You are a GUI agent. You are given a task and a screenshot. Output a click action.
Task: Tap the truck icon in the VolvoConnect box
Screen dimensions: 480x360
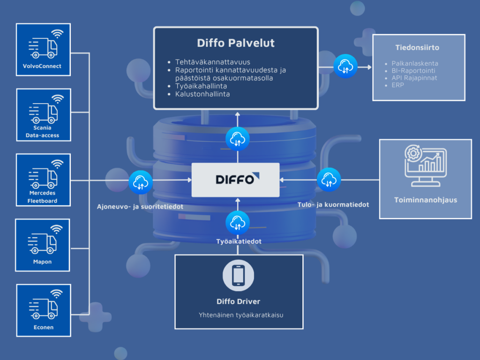43,48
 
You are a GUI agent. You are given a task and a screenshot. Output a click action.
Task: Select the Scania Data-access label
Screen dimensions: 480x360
42,131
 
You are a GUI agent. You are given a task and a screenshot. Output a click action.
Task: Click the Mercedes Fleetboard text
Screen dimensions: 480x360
43,197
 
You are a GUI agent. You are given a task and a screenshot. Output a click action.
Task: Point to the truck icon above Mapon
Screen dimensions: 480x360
42,244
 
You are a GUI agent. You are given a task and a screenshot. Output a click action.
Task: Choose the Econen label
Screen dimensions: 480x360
44,327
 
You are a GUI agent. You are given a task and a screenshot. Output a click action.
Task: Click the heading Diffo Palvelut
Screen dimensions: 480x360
236,43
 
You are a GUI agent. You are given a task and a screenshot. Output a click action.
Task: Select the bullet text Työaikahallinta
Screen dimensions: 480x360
201,86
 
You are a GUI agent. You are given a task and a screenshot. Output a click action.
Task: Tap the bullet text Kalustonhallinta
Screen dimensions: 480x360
202,94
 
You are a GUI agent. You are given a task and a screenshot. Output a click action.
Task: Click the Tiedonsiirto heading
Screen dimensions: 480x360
417,47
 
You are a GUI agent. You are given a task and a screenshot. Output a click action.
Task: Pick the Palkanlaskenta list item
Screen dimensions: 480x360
415,63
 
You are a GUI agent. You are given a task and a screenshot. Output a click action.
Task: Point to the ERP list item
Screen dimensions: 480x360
397,85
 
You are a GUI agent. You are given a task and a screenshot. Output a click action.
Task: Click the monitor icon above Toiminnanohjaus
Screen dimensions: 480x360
426,165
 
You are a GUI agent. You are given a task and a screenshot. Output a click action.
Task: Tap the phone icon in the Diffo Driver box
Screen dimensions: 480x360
238,276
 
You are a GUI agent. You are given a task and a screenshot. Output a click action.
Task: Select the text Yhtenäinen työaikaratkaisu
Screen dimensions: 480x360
241,315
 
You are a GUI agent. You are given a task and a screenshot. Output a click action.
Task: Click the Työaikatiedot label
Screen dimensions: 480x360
239,241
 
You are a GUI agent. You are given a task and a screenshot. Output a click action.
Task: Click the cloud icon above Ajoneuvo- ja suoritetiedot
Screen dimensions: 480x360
141,182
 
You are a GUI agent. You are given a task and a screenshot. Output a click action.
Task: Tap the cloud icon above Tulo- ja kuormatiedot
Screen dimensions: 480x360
329,180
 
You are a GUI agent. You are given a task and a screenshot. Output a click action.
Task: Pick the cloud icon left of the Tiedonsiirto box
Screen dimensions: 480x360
345,66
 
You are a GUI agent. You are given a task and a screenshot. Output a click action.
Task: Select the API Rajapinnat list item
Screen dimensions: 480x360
414,78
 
